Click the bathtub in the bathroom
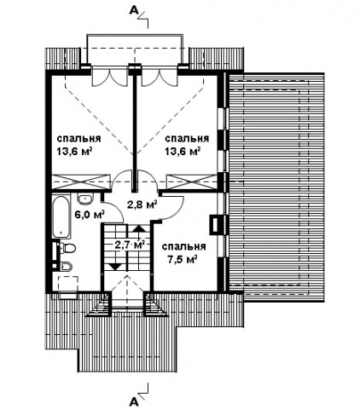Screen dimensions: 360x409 point(61,216)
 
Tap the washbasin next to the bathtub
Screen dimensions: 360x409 point(85,199)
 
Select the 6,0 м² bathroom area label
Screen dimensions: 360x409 point(89,214)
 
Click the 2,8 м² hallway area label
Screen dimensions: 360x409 point(142,204)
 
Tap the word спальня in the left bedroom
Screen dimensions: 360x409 point(78,139)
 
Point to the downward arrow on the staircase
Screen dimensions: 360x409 point(116,259)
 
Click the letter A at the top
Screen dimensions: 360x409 point(134,10)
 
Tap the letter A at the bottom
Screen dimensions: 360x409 point(133,401)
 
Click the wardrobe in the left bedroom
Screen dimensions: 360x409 point(81,181)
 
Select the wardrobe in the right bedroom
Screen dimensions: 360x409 point(193,181)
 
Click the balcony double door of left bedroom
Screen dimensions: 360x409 point(109,77)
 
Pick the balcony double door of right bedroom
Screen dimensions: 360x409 point(159,77)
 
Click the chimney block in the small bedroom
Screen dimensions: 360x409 point(215,224)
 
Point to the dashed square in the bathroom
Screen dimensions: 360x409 point(68,284)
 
